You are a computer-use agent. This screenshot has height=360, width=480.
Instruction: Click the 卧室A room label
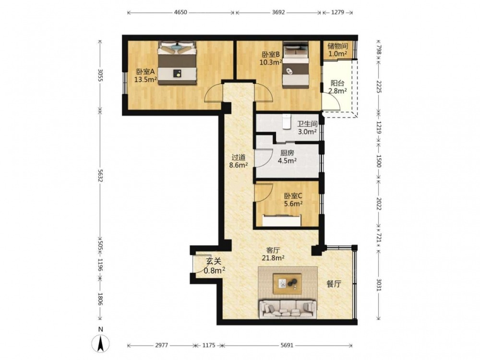(x=145, y=72)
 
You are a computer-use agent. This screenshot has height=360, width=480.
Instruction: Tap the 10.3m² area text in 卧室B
(x=271, y=62)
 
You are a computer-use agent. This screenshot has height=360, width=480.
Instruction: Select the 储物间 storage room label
(x=337, y=46)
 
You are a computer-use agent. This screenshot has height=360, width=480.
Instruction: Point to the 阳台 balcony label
(x=337, y=83)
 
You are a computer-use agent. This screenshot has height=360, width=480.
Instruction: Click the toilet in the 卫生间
(x=287, y=121)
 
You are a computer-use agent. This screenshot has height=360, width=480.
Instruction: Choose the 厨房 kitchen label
(x=287, y=153)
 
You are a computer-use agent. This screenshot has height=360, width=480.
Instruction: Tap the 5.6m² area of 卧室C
(x=293, y=204)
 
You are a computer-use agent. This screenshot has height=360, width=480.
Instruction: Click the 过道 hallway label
(x=238, y=157)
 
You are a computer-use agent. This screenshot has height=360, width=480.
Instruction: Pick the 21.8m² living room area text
(x=273, y=258)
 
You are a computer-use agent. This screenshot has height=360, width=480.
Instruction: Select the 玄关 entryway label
(x=214, y=262)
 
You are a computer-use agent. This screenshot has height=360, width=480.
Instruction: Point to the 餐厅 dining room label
(x=334, y=284)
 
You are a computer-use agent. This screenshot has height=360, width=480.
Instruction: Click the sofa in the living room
(x=288, y=309)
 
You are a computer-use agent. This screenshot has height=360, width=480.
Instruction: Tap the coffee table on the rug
(x=288, y=284)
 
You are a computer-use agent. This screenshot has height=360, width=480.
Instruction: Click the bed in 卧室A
(x=177, y=63)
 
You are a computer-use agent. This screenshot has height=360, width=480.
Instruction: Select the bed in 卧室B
(x=296, y=65)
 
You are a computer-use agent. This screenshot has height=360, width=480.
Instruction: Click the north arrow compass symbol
(x=101, y=343)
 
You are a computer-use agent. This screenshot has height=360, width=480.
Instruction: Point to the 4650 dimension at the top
(x=180, y=12)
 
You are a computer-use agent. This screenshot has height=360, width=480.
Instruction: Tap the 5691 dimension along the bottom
(x=287, y=345)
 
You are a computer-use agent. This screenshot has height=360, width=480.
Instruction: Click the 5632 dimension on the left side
(x=100, y=176)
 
